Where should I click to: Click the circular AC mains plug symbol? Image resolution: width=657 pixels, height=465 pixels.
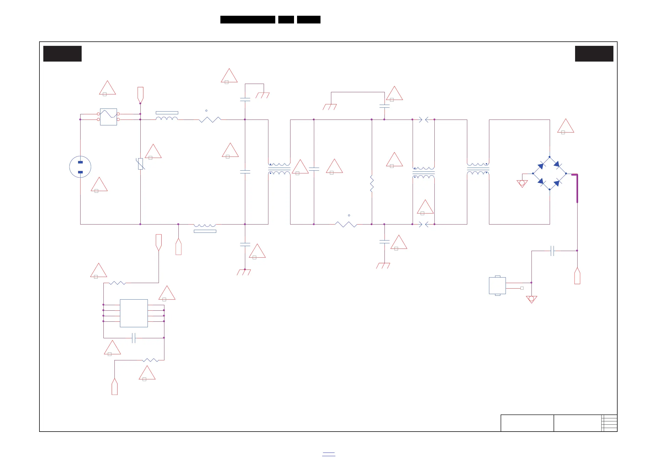[x=80, y=167]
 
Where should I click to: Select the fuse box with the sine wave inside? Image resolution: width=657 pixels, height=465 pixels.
[x=108, y=117]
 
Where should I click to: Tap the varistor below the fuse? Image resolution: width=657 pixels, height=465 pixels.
[x=140, y=164]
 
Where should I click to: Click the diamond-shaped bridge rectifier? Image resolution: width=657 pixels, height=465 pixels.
[x=549, y=173]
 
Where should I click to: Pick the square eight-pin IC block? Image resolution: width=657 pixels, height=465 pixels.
[x=133, y=313]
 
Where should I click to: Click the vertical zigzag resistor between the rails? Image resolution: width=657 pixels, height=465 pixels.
[x=372, y=184]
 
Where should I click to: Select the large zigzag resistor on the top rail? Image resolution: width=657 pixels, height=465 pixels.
[x=210, y=120]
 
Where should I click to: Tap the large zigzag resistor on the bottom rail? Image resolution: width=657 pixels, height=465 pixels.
[x=346, y=224]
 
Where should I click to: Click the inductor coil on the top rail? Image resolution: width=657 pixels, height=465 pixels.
[x=167, y=118]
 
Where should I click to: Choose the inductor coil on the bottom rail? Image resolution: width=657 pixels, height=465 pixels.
[x=205, y=226]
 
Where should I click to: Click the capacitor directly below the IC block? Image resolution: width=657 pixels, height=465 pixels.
[x=133, y=338]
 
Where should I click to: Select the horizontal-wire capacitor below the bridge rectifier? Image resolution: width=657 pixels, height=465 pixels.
[x=552, y=251]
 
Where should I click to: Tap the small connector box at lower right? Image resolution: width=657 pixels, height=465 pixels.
[x=497, y=286]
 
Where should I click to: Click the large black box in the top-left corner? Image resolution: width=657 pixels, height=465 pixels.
[x=62, y=54]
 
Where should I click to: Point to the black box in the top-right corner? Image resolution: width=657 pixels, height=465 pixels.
[x=594, y=54]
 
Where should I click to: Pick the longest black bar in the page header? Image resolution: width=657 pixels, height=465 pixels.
[x=247, y=20]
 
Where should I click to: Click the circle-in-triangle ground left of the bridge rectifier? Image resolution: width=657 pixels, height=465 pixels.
[x=522, y=183]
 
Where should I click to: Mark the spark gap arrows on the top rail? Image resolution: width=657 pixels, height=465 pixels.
[x=423, y=120]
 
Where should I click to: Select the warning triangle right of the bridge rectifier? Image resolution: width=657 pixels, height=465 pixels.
[x=565, y=127]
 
